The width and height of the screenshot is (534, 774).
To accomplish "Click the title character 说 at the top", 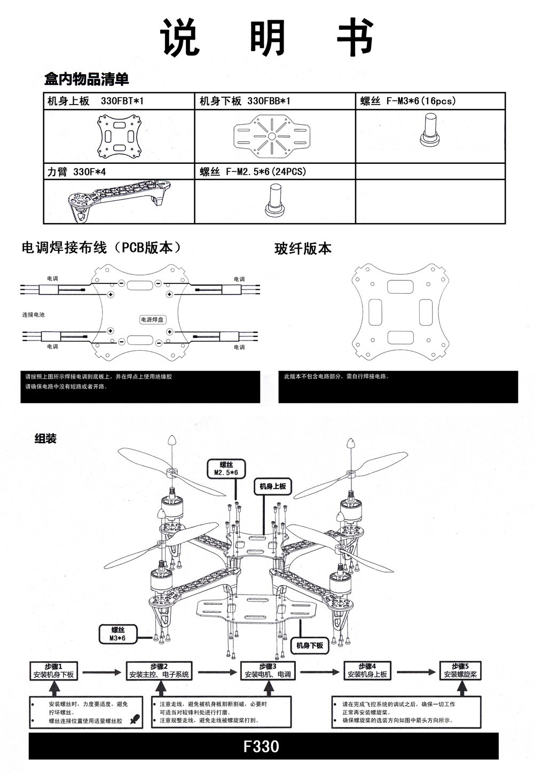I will [x=180, y=37].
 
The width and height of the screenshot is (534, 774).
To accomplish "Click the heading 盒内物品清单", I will [x=87, y=80].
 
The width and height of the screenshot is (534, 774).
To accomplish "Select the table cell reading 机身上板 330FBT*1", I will [x=96, y=101].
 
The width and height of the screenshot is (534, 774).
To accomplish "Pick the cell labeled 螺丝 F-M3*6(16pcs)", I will [x=408, y=101].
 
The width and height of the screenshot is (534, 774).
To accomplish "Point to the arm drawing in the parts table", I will [x=118, y=201].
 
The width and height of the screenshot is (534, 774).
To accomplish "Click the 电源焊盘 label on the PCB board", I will [x=152, y=319].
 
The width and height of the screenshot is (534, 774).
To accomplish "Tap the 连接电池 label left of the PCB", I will [x=33, y=314].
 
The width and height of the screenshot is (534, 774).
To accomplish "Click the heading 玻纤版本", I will [x=303, y=248].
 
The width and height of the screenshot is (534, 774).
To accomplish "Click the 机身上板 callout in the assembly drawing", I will [x=272, y=486].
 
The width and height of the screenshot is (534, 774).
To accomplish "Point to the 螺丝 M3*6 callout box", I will [x=117, y=634].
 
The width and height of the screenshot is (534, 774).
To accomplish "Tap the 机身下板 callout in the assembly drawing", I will [x=310, y=645].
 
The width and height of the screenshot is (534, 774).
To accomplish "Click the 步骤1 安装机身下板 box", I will [x=53, y=670].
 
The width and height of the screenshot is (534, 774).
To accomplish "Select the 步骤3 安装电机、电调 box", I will [x=268, y=670].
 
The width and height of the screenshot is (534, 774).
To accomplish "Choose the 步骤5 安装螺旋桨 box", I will [x=460, y=670].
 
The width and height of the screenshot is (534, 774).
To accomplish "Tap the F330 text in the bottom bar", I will [x=261, y=746].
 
